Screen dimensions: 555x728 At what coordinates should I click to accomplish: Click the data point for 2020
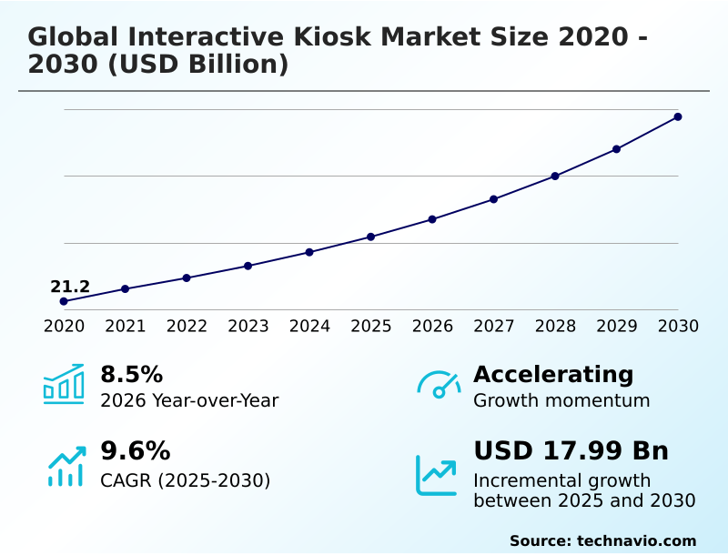64,301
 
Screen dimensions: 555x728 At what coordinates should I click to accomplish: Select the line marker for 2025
371,237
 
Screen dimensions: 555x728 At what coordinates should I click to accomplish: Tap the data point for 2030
678,116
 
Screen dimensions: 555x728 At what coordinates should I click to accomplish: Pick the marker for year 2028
555,176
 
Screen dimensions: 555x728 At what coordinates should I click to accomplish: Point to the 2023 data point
248,266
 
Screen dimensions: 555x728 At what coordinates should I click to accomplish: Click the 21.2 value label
70,287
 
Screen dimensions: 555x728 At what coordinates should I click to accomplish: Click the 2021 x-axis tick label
126,327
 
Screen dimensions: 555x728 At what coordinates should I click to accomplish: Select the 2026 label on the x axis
432,327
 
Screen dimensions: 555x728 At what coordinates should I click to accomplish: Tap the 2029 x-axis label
617,327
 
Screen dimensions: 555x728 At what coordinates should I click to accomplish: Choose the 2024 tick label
309,327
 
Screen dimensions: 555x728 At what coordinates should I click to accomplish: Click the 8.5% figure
131,374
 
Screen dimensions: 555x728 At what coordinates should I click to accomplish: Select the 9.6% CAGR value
135,451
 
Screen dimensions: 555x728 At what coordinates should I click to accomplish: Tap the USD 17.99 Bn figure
571,451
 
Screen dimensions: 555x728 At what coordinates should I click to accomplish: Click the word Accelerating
553,374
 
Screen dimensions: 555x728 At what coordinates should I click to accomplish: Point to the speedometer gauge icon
439,384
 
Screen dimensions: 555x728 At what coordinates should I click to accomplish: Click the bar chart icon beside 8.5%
64,384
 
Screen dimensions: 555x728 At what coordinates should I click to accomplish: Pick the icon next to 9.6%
66,466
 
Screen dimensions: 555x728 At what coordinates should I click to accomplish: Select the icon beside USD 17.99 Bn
436,474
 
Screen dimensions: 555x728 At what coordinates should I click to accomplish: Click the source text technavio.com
636,540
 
